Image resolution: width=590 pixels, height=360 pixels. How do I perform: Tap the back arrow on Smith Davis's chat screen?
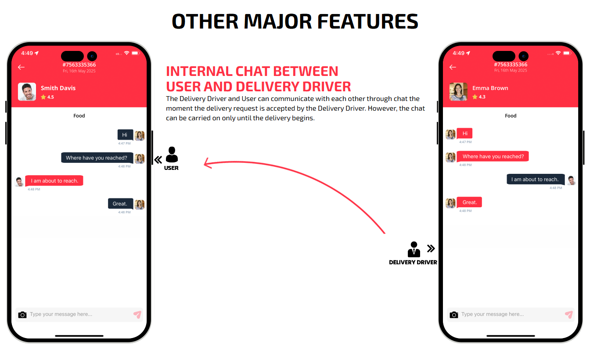point(21,67)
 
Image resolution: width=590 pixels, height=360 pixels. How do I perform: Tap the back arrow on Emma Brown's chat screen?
point(453,67)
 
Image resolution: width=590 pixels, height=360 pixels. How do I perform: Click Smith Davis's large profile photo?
point(27,92)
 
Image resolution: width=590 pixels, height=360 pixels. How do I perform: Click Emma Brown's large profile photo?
point(458,92)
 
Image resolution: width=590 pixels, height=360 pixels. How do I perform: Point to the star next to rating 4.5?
point(43,97)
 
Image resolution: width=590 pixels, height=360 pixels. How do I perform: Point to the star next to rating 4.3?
point(475,97)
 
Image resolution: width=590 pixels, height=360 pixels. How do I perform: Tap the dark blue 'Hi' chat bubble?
point(125,135)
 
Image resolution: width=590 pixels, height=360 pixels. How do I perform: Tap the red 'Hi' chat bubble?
point(464,133)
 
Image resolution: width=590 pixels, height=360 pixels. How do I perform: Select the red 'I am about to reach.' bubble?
point(54,180)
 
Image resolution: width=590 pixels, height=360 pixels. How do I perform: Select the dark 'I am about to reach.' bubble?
point(536,180)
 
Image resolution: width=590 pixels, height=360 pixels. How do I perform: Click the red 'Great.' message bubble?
point(469,202)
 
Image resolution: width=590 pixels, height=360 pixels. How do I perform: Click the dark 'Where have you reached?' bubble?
point(97,158)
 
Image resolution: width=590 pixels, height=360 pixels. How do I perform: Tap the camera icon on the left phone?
point(22,315)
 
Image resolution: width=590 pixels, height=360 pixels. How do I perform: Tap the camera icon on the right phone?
point(454,315)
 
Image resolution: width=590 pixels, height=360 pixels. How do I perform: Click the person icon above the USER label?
point(172,155)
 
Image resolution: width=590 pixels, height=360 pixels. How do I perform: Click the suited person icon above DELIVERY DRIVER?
point(414,249)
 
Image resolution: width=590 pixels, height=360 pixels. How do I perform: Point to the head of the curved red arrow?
point(205,164)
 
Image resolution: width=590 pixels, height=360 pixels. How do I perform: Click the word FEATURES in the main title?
point(368,22)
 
